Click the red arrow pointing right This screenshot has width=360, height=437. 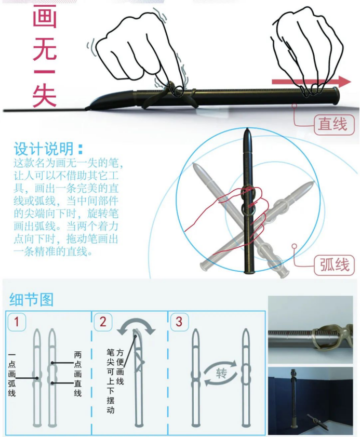tap(312, 82)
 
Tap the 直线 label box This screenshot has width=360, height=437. tap(332, 125)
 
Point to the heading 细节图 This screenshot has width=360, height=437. tap(31, 299)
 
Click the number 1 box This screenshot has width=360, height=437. tap(17, 322)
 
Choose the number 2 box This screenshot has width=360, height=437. tap(103, 322)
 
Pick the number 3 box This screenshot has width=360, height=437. tap(179, 322)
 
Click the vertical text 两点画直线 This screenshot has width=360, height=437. tap(77, 374)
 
